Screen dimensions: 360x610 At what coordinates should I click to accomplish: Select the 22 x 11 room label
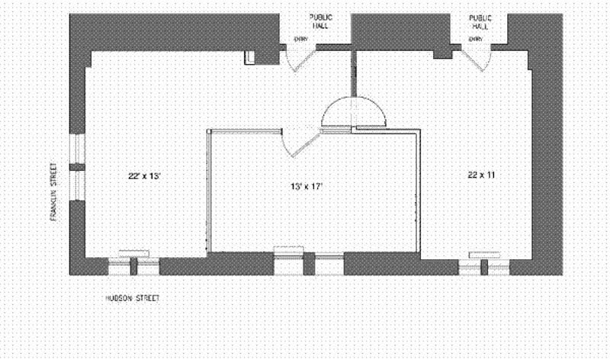pos(482,175)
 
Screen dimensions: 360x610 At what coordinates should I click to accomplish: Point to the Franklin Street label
pos(53,191)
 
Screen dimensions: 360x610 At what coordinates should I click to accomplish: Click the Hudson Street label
pos(133,298)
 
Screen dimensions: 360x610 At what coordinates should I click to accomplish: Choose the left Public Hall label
pos(319,21)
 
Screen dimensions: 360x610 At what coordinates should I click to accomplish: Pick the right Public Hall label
pos(480,21)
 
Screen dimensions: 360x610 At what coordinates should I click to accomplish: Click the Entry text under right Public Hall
pos(476,39)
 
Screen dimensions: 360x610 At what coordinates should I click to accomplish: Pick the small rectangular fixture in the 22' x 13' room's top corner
pos(249,56)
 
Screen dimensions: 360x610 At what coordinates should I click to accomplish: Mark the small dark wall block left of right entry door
pos(441,53)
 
